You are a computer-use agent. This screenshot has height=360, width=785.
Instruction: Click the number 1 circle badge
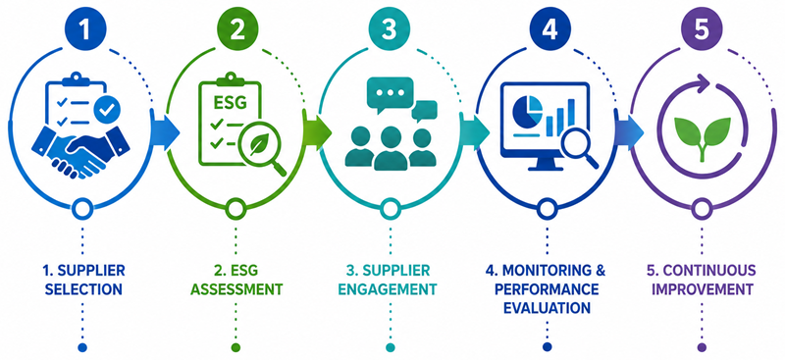pyautogui.click(x=83, y=30)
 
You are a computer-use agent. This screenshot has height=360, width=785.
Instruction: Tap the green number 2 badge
pyautogui.click(x=236, y=30)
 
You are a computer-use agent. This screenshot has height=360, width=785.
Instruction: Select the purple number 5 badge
pyautogui.click(x=702, y=30)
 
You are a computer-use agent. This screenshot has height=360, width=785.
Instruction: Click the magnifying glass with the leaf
pyautogui.click(x=261, y=150)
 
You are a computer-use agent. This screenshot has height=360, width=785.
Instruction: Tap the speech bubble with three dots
pyautogui.click(x=390, y=93)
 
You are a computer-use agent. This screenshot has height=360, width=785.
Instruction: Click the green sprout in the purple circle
pyautogui.click(x=703, y=136)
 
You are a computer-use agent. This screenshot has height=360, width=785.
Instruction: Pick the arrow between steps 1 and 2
pyautogui.click(x=166, y=132)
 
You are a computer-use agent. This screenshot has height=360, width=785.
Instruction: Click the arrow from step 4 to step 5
pyautogui.click(x=629, y=131)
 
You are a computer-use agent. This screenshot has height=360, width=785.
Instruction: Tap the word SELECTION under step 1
pyautogui.click(x=83, y=289)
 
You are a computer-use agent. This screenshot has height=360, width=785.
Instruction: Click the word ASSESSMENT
pyautogui.click(x=236, y=289)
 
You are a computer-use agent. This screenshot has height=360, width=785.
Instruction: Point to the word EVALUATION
pyautogui.click(x=547, y=307)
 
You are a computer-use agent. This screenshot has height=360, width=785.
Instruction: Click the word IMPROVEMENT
pyautogui.click(x=702, y=289)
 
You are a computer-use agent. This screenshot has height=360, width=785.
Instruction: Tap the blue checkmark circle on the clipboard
pyautogui.click(x=105, y=110)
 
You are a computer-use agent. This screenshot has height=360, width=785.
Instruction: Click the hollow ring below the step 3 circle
pyautogui.click(x=390, y=208)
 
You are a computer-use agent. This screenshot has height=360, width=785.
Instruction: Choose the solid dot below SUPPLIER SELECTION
pyautogui.click(x=82, y=347)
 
